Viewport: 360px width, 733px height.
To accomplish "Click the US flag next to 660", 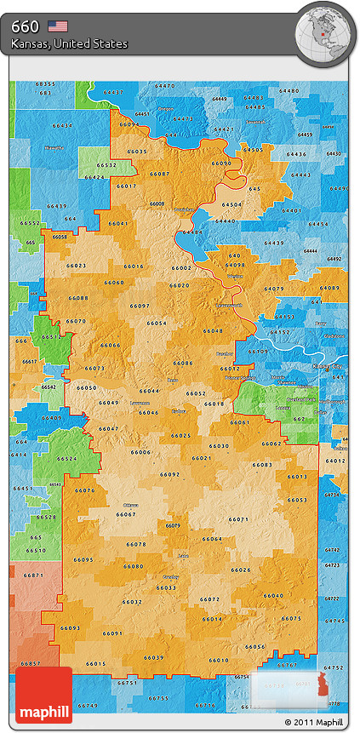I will pyautogui.click(x=58, y=26).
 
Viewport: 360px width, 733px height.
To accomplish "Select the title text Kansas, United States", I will pyautogui.click(x=70, y=43).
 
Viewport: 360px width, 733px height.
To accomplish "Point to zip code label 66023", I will pyautogui.click(x=76, y=266).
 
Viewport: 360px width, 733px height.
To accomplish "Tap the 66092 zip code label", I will pyautogui.click(x=170, y=474).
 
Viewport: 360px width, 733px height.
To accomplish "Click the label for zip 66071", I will pyautogui.click(x=239, y=519).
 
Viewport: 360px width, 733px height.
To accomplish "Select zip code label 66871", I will pyautogui.click(x=33, y=576).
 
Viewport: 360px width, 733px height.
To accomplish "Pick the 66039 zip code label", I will pyautogui.click(x=153, y=657).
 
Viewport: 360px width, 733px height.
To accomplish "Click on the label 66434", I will pyautogui.click(x=63, y=126).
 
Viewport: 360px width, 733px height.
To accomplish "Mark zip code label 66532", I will pyautogui.click(x=106, y=165).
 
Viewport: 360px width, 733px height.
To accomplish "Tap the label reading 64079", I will pyautogui.click(x=274, y=289).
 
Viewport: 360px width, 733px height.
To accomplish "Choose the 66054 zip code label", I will pyautogui.click(x=157, y=324).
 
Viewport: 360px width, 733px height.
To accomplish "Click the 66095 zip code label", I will pyautogui.click(x=83, y=559).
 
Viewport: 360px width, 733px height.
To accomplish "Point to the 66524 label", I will pyautogui.click(x=67, y=459).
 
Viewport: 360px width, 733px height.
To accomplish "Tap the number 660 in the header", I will pyautogui.click(x=25, y=26).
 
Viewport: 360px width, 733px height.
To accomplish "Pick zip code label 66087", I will pyautogui.click(x=159, y=174).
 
